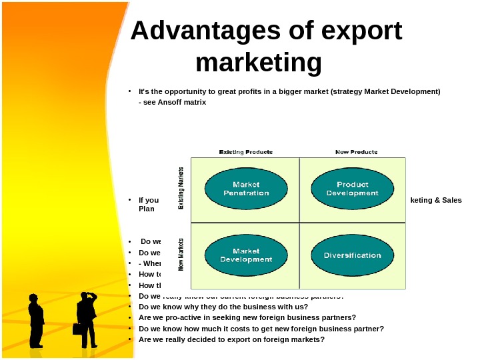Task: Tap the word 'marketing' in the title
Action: (x=259, y=63)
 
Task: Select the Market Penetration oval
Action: (x=246, y=189)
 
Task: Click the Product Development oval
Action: (x=352, y=189)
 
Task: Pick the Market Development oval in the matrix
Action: (x=246, y=255)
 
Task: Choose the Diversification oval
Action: (x=352, y=255)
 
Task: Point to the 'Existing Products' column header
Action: (x=246, y=152)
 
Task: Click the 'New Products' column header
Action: (x=356, y=152)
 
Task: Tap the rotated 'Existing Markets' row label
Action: (x=182, y=189)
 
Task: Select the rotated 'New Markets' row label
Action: (x=182, y=255)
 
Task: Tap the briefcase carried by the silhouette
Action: (x=79, y=329)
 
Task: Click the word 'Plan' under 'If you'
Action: (x=146, y=209)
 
